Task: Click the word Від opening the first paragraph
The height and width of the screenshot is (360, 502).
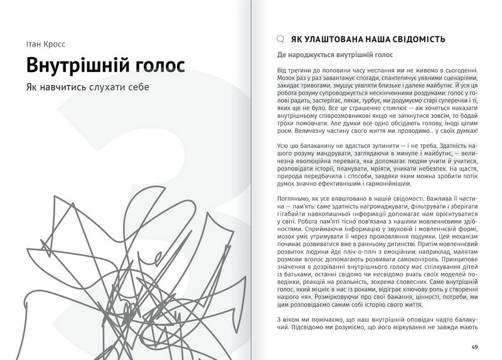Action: pos(284,70)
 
